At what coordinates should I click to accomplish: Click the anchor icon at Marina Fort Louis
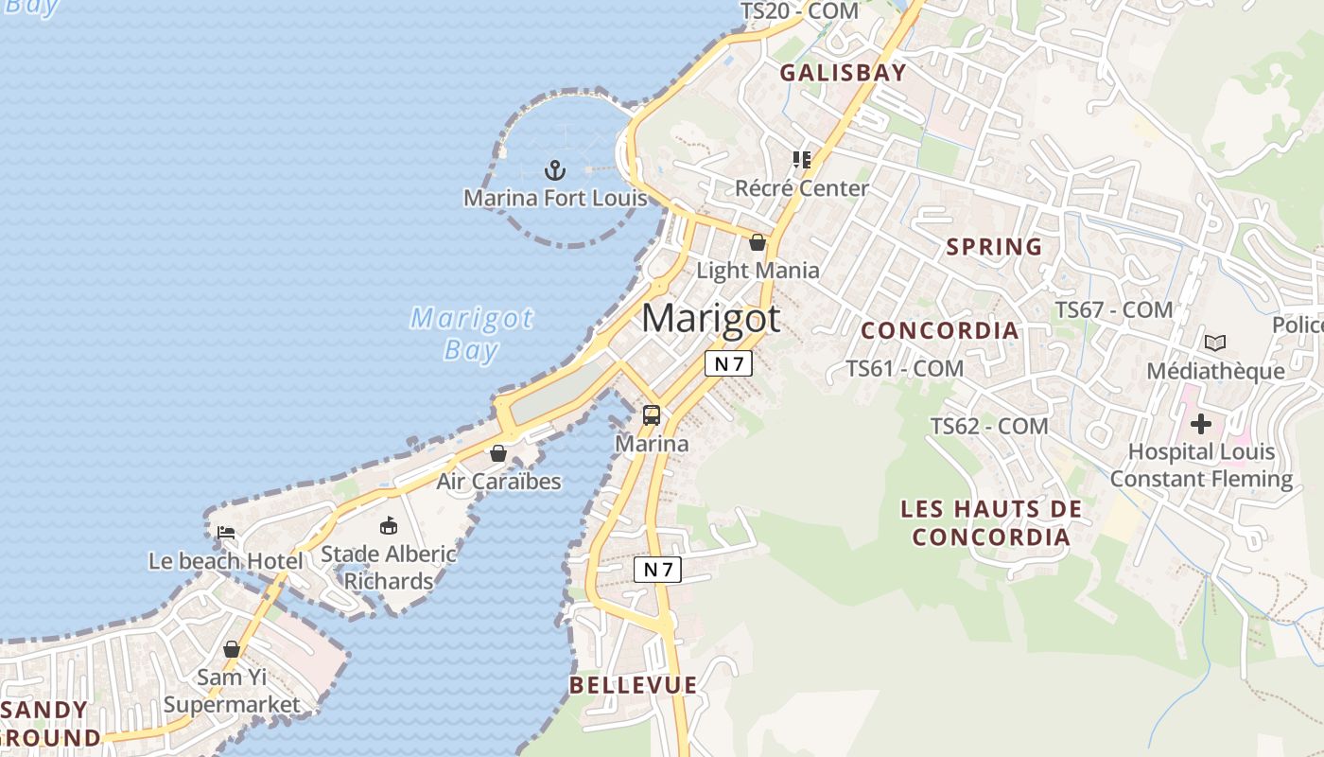pyautogui.click(x=555, y=170)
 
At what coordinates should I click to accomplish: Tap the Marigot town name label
pyautogui.click(x=711, y=318)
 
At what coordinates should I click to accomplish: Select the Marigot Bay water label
pyautogui.click(x=471, y=333)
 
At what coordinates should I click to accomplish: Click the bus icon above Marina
pyautogui.click(x=652, y=414)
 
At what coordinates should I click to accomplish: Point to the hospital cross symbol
pyautogui.click(x=1201, y=423)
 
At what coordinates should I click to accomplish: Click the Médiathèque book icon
pyautogui.click(x=1215, y=343)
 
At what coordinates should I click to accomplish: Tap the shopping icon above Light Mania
pyautogui.click(x=758, y=242)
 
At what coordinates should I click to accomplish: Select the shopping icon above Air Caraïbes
pyautogui.click(x=498, y=453)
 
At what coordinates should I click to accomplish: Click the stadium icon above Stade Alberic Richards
pyautogui.click(x=388, y=525)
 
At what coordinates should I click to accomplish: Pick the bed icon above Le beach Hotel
pyautogui.click(x=226, y=532)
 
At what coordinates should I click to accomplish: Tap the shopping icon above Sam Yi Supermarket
pyautogui.click(x=232, y=649)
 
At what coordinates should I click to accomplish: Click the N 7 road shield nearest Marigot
pyautogui.click(x=728, y=363)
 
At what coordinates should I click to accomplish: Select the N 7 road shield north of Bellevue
pyautogui.click(x=657, y=569)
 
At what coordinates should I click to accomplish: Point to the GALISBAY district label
pyautogui.click(x=843, y=73)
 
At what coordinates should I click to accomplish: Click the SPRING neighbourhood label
pyautogui.click(x=994, y=247)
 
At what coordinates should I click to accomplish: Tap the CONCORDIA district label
pyautogui.click(x=940, y=330)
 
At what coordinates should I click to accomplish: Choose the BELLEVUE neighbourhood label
pyautogui.click(x=634, y=685)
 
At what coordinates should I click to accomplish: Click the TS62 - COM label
pyautogui.click(x=989, y=426)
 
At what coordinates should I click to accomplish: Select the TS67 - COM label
pyautogui.click(x=1114, y=309)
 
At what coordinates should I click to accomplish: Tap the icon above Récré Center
pyautogui.click(x=802, y=160)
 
